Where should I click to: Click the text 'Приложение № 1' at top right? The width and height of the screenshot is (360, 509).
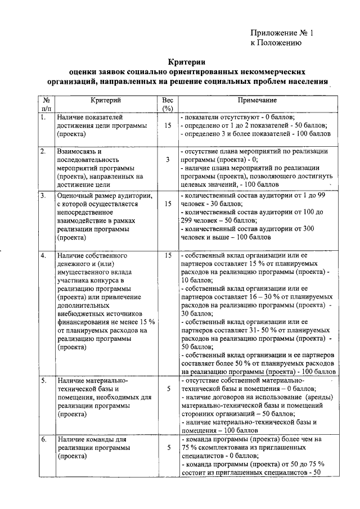point(281,33)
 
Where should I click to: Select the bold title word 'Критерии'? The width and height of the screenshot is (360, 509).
point(187,62)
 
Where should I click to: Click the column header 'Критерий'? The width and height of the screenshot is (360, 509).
point(105,100)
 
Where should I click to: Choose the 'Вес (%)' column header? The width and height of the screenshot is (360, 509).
point(167,104)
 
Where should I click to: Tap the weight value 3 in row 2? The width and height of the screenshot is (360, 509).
point(168,160)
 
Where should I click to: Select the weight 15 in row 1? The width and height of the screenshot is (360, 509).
point(168,125)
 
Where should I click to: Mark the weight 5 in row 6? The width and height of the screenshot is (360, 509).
point(168,448)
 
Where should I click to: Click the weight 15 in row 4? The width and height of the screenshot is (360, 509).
point(168,255)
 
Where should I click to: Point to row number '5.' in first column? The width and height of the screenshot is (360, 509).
point(43,381)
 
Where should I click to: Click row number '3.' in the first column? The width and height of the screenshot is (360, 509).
point(43,196)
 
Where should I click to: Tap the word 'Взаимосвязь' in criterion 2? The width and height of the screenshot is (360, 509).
point(79,151)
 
